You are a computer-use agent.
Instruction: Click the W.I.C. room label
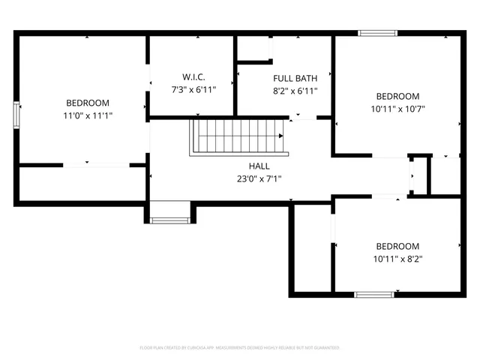(193, 77)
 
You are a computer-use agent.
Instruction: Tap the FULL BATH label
(295, 78)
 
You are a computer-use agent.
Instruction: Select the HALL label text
(259, 166)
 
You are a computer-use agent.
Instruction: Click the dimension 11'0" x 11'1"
(88, 115)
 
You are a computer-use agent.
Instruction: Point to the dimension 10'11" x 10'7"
(397, 109)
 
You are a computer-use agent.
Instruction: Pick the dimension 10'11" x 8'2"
(397, 259)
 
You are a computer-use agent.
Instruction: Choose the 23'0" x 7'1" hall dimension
(259, 178)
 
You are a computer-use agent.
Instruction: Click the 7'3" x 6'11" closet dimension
(193, 90)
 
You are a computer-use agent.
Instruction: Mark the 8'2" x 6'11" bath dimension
(295, 91)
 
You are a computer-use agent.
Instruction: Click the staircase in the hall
(237, 136)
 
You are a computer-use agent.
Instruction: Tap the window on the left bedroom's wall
(16, 116)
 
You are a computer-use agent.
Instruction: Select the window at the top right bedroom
(376, 33)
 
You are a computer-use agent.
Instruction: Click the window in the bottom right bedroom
(374, 294)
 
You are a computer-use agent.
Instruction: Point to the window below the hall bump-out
(169, 220)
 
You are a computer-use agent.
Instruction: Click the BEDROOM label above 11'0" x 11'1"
(88, 103)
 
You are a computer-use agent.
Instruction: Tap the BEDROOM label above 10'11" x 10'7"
(397, 96)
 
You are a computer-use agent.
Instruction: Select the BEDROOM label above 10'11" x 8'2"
(397, 246)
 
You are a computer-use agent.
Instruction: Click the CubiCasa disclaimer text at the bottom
(240, 347)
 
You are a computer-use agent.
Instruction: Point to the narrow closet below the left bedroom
(82, 184)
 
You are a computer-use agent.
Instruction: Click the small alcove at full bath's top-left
(253, 49)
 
